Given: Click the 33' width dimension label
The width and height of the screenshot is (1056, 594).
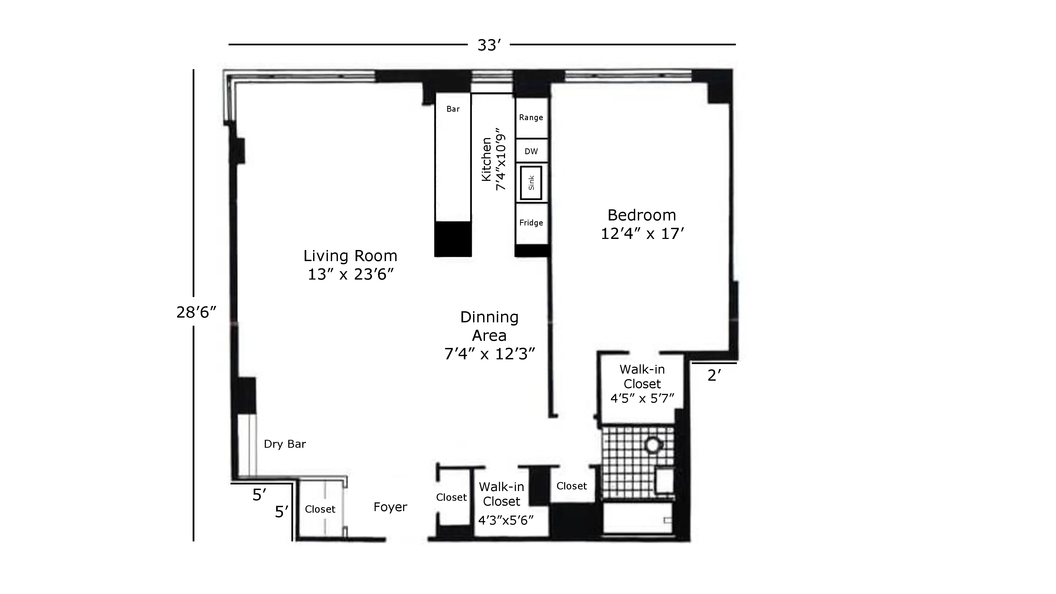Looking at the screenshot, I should pyautogui.click(x=489, y=45).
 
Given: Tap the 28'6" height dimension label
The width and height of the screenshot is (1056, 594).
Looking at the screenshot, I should pyautogui.click(x=196, y=312).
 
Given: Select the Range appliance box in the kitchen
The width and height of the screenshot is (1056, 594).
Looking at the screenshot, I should pyautogui.click(x=531, y=118).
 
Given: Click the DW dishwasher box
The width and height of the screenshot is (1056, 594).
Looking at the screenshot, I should pyautogui.click(x=531, y=151).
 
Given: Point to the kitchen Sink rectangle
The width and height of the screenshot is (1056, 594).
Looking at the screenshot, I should pyautogui.click(x=531, y=183).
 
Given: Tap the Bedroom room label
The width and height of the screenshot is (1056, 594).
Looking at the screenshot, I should pyautogui.click(x=642, y=215).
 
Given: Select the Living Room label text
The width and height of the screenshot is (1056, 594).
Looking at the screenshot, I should pyautogui.click(x=350, y=256).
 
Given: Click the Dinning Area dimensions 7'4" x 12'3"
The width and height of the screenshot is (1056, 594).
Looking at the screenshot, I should pyautogui.click(x=489, y=354).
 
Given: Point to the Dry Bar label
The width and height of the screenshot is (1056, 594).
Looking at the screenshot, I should pyautogui.click(x=285, y=444).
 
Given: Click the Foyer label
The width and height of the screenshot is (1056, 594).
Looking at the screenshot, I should pyautogui.click(x=390, y=507).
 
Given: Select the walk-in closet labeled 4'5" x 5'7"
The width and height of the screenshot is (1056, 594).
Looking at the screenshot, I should pyautogui.click(x=642, y=384).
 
